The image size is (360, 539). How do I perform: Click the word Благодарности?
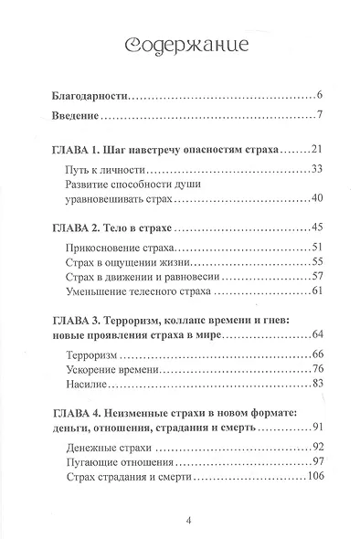click(89, 95)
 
